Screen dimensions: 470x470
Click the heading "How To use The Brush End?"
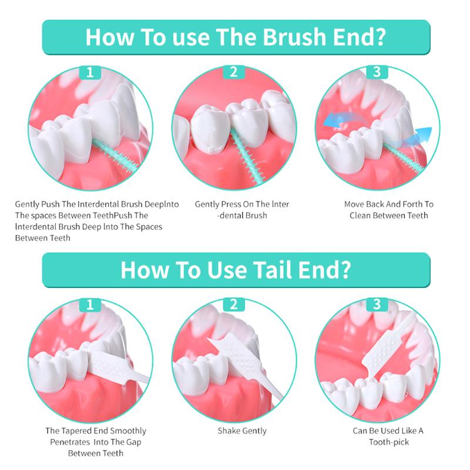tap(235, 36)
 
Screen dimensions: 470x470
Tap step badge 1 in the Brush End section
tap(90, 72)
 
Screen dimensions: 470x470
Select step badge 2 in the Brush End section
tap(233, 72)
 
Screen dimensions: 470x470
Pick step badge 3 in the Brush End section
tap(377, 72)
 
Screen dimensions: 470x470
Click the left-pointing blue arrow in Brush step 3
tap(339, 120)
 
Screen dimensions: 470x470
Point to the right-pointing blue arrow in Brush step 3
tap(424, 135)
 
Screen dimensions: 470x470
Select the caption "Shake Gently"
tap(241, 431)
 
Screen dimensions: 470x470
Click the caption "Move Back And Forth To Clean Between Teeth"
tap(388, 210)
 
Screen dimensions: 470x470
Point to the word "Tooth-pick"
tap(388, 442)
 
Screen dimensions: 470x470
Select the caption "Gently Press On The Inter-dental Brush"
tap(241, 210)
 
